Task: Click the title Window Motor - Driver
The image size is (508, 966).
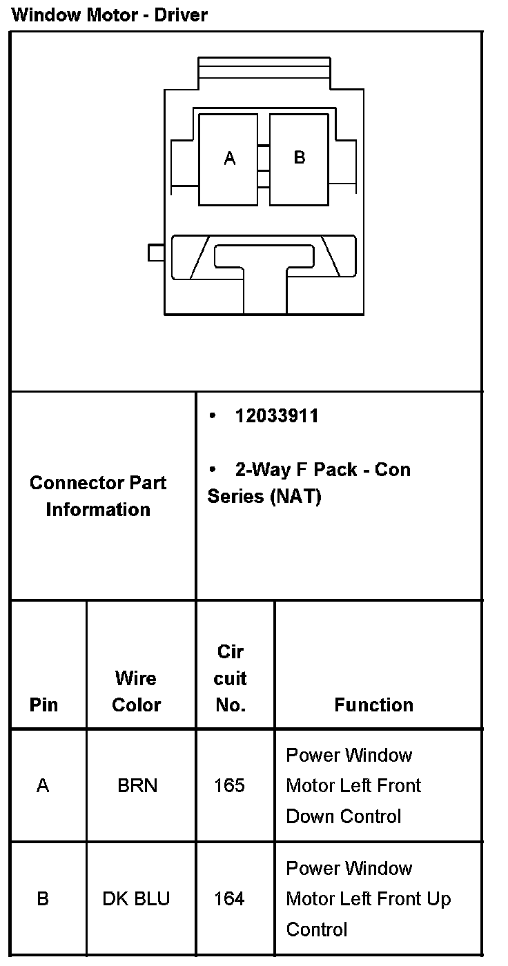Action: [110, 14]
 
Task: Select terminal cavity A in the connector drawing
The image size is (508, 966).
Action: [228, 159]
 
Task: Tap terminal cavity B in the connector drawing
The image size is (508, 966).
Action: [299, 158]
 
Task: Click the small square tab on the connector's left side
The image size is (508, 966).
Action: [156, 253]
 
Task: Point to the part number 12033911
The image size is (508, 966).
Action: [276, 416]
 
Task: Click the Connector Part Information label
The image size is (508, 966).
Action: [98, 496]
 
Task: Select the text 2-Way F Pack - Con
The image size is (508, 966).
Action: [322, 470]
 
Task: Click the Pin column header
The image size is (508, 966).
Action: [43, 705]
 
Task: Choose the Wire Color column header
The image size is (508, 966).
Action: [137, 691]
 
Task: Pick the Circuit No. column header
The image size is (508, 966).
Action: [231, 679]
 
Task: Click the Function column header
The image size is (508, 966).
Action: [373, 705]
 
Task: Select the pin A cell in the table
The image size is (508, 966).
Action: [43, 786]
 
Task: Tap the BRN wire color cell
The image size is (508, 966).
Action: [137, 786]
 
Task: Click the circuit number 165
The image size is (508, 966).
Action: [229, 786]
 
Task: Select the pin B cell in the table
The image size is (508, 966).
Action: [43, 899]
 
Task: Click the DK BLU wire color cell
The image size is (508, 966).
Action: [136, 899]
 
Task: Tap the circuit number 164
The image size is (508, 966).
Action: [229, 899]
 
